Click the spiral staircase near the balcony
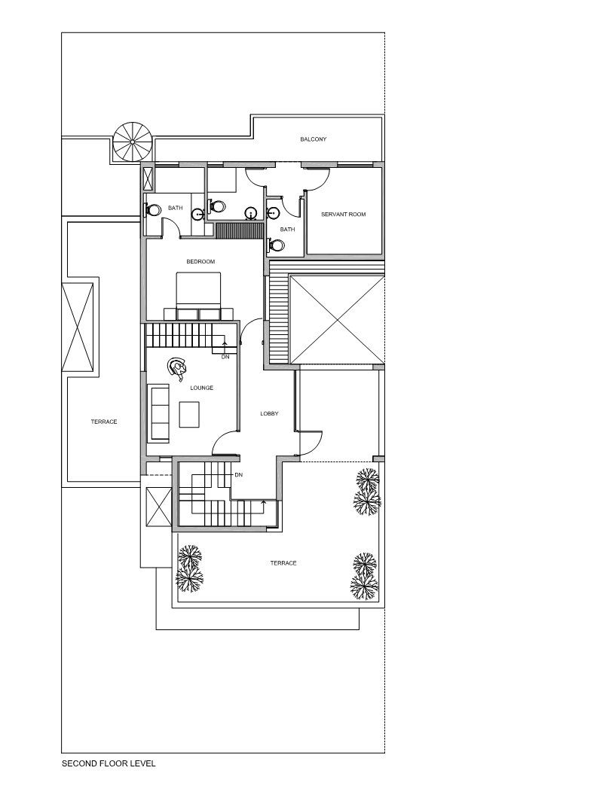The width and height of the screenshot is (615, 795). pyautogui.click(x=133, y=140)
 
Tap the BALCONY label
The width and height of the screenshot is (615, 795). pyautogui.click(x=313, y=139)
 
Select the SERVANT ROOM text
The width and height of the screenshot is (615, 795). pyautogui.click(x=343, y=215)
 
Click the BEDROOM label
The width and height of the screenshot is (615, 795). pyautogui.click(x=200, y=261)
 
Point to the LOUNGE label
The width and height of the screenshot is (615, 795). pyautogui.click(x=201, y=388)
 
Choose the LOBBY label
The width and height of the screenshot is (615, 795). pyautogui.click(x=269, y=413)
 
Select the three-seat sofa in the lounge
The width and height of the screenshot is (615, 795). pyautogui.click(x=159, y=413)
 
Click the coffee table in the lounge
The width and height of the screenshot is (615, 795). pyautogui.click(x=189, y=415)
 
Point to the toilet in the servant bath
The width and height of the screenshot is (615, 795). pyautogui.click(x=277, y=245)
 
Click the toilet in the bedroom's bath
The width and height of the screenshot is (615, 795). pyautogui.click(x=152, y=211)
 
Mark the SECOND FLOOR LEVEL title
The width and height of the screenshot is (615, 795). pyautogui.click(x=109, y=763)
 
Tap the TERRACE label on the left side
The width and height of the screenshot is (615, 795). pyautogui.click(x=104, y=422)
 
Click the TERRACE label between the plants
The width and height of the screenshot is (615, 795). pyautogui.click(x=283, y=563)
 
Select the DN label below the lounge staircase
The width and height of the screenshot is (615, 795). pyautogui.click(x=225, y=357)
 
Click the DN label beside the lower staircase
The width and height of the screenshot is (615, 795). pyautogui.click(x=238, y=475)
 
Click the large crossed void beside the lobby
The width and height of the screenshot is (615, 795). pyautogui.click(x=335, y=320)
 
